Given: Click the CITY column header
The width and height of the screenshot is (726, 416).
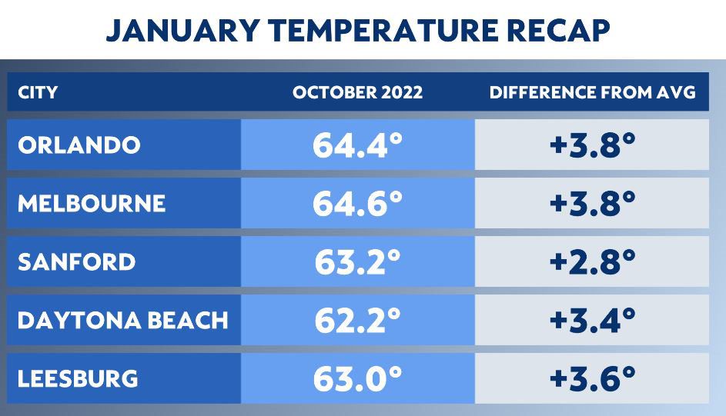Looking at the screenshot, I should [37, 93].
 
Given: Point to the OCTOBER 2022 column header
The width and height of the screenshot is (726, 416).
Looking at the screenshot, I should [357, 93].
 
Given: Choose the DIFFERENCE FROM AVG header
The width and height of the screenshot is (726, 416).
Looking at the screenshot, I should [592, 93].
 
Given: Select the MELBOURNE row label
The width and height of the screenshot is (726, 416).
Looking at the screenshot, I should [91, 203].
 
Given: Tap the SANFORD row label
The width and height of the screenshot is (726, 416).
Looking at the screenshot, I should [76, 261].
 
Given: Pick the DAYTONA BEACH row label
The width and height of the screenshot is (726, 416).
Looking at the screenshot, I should [122, 320].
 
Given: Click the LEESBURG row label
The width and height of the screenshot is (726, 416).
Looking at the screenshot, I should [78, 378].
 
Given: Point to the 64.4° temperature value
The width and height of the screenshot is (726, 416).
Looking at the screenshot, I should [357, 145].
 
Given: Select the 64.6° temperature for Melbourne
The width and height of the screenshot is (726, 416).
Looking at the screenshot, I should [357, 204].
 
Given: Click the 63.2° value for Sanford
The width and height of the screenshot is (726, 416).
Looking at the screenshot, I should [357, 262].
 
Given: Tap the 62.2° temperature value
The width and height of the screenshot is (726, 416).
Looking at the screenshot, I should [357, 321].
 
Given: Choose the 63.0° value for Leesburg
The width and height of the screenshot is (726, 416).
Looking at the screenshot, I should [357, 379].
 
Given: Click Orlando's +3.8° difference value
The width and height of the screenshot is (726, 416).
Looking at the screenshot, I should [592, 145].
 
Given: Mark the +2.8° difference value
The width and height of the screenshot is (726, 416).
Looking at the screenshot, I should [592, 262].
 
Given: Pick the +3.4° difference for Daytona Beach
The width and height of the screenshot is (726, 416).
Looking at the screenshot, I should [592, 321].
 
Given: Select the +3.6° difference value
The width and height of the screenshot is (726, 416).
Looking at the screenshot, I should [592, 379].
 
